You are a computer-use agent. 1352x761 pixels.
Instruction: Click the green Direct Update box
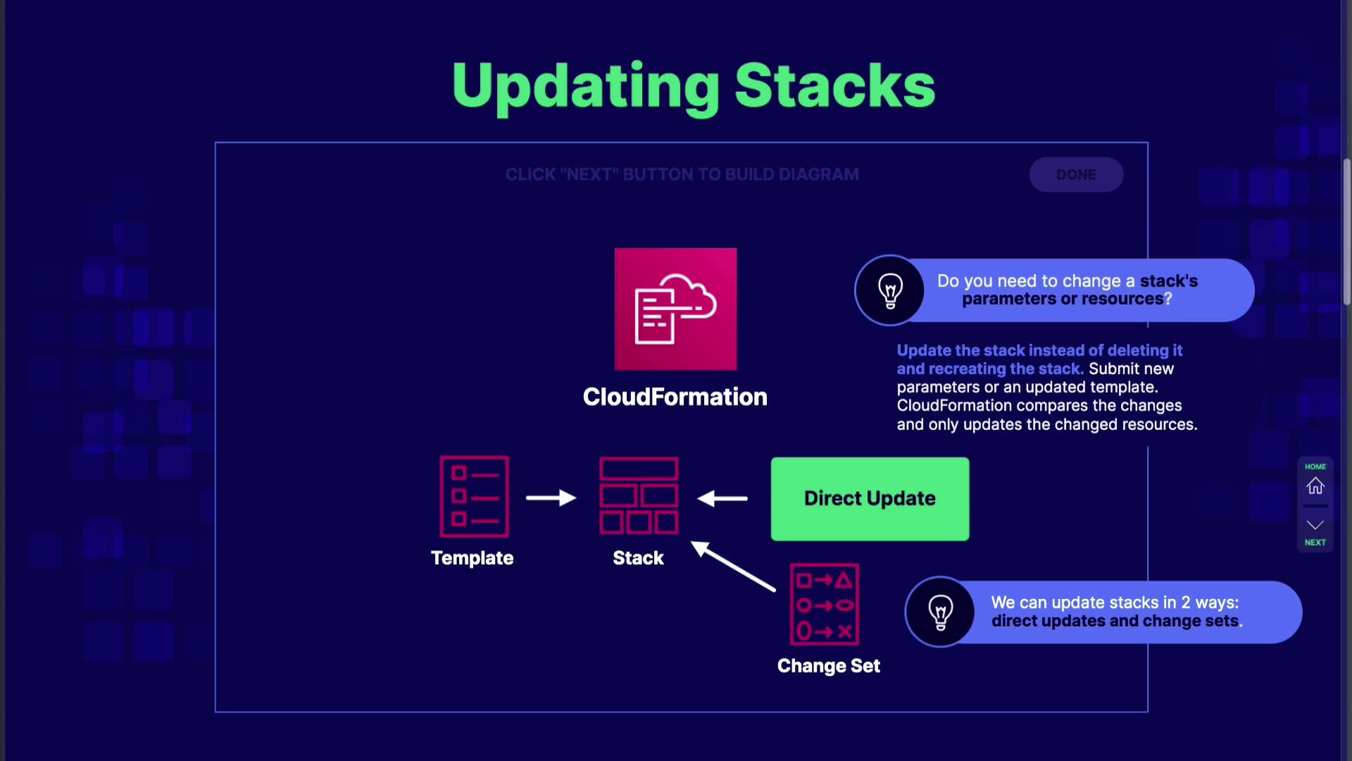pos(870,499)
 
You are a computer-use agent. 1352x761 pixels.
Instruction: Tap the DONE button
pos(1076,174)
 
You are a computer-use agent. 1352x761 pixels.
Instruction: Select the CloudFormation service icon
pos(675,309)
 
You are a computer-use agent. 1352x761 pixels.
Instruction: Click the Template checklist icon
pos(474,496)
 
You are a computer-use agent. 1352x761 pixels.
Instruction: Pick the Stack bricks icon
pos(639,495)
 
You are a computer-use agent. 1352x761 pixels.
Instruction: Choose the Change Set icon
pos(824,605)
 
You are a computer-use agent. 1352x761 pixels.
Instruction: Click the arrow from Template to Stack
pos(551,498)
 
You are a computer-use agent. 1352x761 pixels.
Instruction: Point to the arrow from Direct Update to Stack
pos(722,498)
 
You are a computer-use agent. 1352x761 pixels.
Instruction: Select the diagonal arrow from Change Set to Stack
pos(733,566)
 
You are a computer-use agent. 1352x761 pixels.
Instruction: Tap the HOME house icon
pos(1315,486)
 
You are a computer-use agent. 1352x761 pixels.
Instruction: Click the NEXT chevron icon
pos(1315,525)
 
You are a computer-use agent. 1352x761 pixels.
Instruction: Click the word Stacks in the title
pos(835,85)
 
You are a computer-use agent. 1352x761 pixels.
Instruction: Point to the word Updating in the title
pos(586,87)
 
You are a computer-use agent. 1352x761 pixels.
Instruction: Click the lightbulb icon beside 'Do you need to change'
pos(890,290)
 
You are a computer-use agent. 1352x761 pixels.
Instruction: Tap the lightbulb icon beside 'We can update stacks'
pos(941,612)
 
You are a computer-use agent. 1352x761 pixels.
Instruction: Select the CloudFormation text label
pos(675,397)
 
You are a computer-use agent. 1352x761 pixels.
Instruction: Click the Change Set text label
pos(829,666)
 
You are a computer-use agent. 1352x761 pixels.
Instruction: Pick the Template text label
pos(472,558)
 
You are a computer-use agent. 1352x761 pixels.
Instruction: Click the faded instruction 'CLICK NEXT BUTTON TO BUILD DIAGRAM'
pos(682,174)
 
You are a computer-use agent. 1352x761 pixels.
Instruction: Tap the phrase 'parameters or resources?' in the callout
pos(1067,299)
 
